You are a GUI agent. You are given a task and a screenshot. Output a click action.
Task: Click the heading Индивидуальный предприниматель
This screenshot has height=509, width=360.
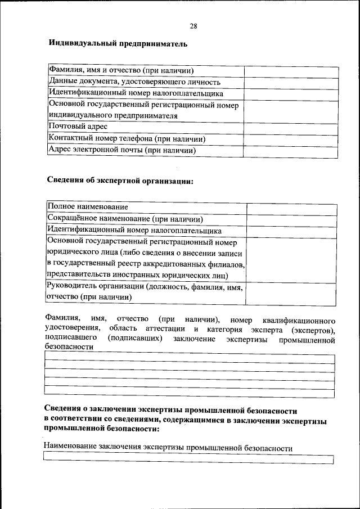tap(118, 43)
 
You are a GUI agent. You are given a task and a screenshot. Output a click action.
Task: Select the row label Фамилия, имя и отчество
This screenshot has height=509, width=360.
tap(121, 71)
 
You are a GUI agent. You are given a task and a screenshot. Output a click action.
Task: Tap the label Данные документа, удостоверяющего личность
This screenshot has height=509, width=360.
tap(130, 82)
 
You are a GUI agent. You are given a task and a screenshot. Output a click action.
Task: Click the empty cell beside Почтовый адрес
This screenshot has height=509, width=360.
tap(291, 127)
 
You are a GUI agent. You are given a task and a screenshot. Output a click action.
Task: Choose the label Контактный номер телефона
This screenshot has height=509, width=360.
tap(127, 138)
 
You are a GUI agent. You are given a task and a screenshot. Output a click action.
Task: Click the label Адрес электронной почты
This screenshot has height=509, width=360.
tap(122, 150)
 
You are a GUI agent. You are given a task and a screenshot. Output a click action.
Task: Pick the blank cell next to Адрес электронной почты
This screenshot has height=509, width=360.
tap(291, 151)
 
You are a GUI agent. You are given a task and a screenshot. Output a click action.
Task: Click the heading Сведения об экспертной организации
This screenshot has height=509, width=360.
tap(119, 181)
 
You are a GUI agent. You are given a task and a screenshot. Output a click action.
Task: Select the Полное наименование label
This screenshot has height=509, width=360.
tap(88, 208)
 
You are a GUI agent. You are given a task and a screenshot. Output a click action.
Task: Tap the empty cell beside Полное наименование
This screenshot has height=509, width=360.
tap(292, 208)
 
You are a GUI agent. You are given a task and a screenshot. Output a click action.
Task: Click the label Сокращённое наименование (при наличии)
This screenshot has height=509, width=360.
tap(125, 219)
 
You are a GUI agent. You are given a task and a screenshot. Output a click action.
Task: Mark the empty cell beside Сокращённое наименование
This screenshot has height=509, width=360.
tap(292, 219)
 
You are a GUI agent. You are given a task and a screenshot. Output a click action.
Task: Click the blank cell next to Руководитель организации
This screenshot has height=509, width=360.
tap(292, 292)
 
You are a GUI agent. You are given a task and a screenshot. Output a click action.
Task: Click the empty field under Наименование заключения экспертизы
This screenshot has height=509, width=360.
tap(188, 460)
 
